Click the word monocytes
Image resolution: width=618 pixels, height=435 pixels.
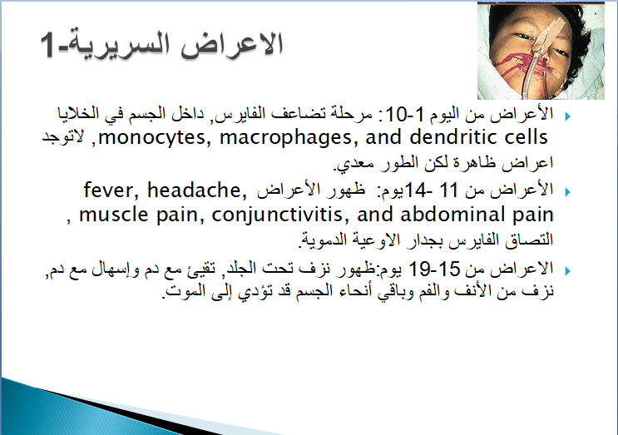point(151,138)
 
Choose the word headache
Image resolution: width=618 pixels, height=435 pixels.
point(196,190)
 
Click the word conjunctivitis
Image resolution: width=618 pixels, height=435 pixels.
point(279,215)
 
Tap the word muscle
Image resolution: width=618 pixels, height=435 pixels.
point(114,215)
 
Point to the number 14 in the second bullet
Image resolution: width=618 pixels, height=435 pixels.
point(416,190)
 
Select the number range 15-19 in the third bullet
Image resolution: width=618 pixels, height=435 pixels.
point(434,269)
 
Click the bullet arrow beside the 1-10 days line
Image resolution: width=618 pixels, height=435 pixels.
point(567,116)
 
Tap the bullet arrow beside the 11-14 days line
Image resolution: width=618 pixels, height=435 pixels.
point(567,192)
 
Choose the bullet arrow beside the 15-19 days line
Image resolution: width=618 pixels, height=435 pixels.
point(567,271)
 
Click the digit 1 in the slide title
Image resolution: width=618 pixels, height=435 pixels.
point(47,45)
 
